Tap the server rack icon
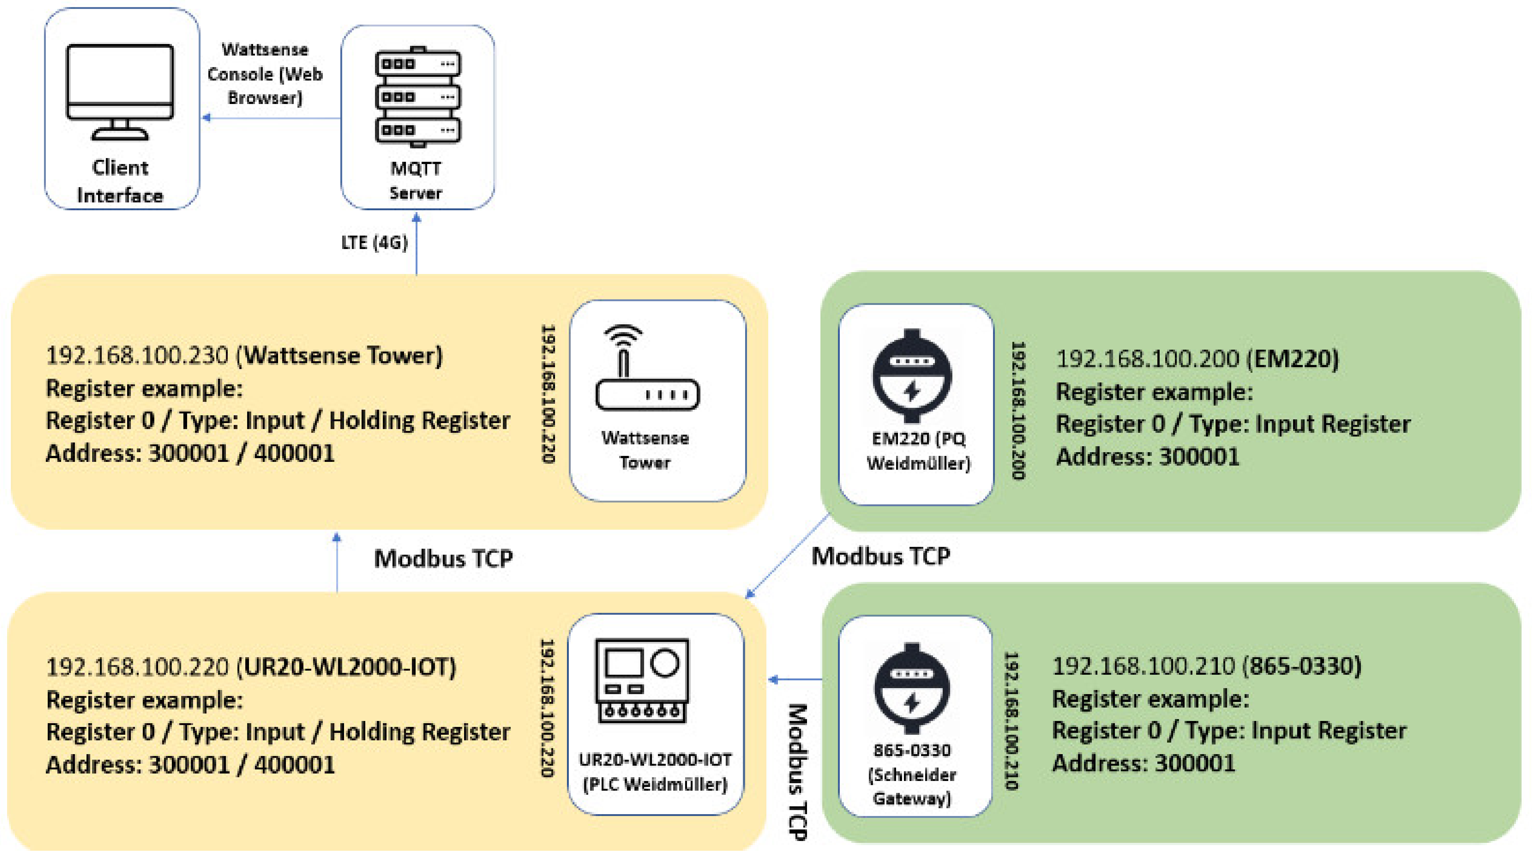(x=417, y=97)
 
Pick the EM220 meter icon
(x=912, y=376)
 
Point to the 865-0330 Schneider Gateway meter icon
(x=912, y=688)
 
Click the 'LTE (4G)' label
(x=374, y=243)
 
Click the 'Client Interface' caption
(x=120, y=182)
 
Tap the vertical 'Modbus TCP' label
(x=798, y=772)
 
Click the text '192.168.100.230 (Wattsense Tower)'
(x=244, y=356)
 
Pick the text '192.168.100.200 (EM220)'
(x=1197, y=359)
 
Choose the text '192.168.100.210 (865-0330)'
(x=1207, y=666)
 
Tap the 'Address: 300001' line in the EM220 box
(x=1147, y=457)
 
